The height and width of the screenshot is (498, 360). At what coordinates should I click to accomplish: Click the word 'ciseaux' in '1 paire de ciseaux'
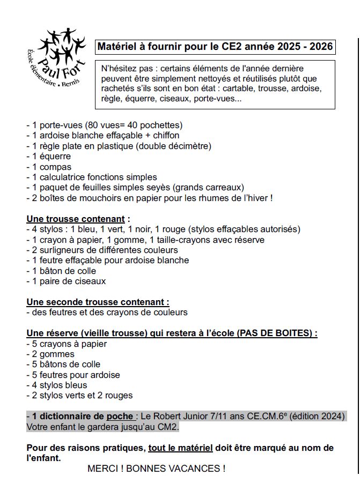click(91, 281)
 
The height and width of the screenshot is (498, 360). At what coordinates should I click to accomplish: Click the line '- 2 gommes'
click(50, 354)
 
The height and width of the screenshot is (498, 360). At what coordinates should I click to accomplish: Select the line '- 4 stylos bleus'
click(56, 385)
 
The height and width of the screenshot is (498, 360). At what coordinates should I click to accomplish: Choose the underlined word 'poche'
click(119, 416)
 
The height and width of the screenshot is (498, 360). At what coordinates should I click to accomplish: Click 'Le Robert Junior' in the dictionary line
click(171, 416)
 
